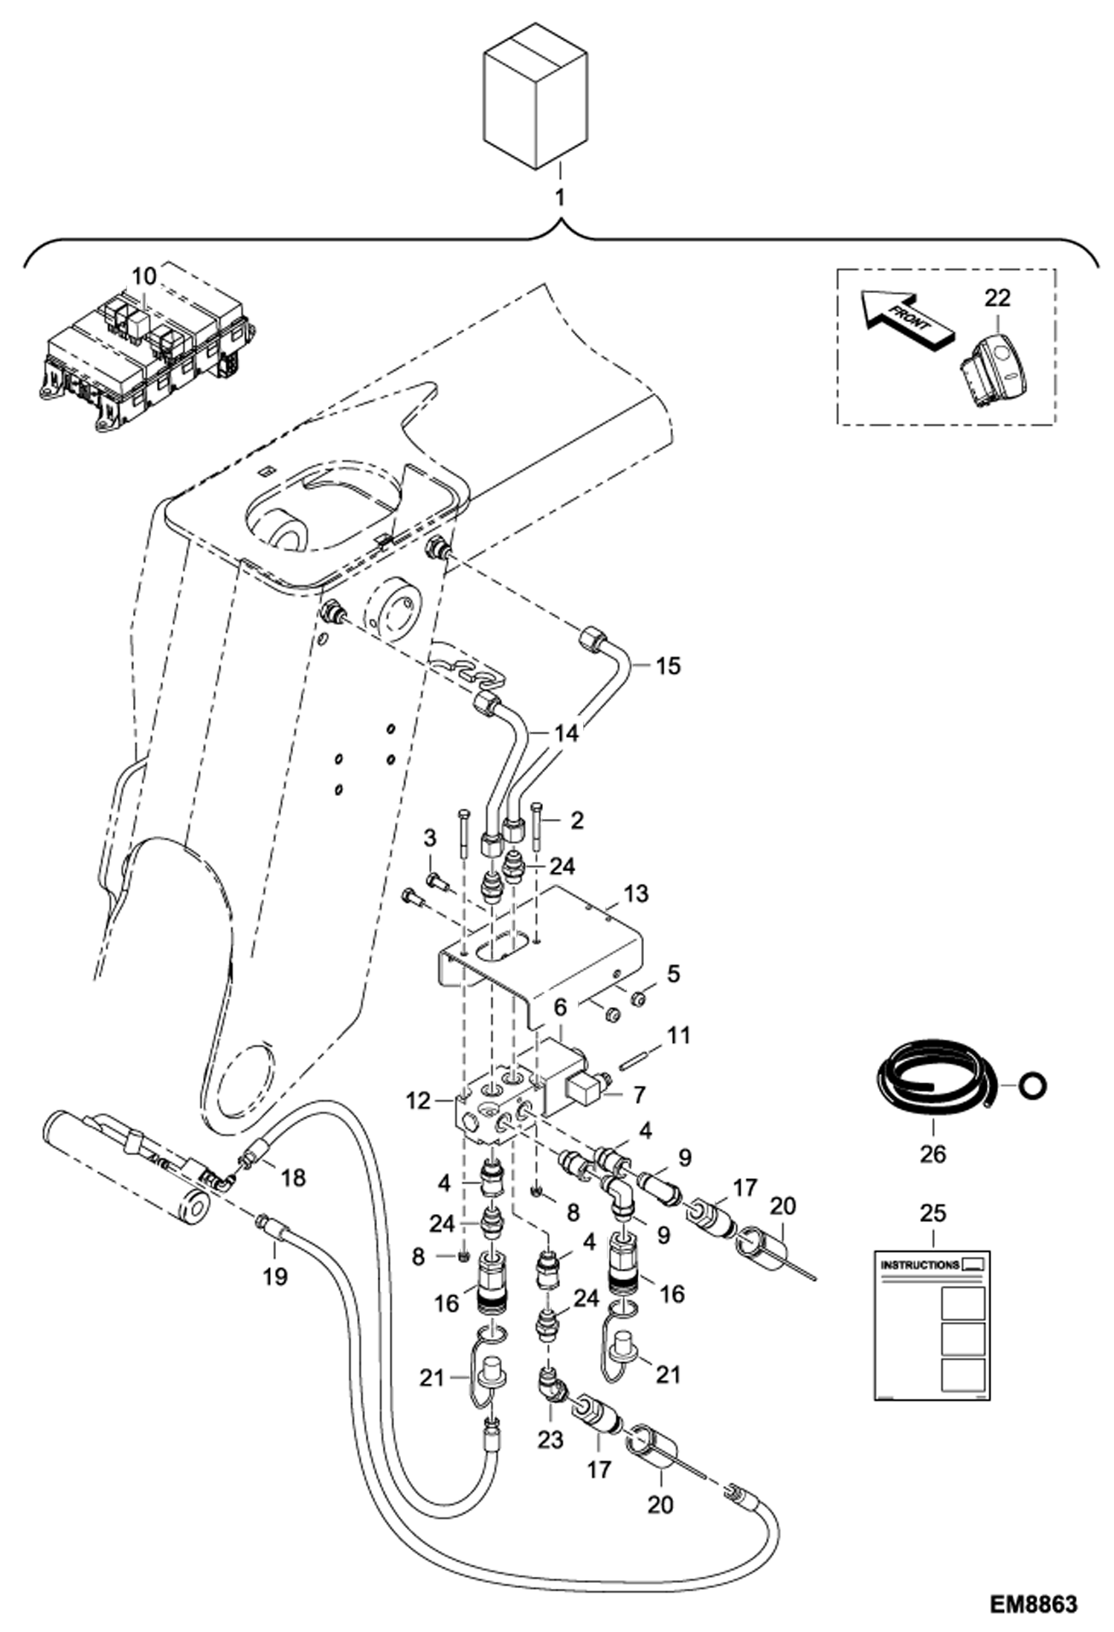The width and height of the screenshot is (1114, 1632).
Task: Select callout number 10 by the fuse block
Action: pos(144,277)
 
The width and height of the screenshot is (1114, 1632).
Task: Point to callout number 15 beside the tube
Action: pos(668,666)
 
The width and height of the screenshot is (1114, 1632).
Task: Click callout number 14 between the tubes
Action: pos(565,733)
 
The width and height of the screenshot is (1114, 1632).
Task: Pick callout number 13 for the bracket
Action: pos(636,893)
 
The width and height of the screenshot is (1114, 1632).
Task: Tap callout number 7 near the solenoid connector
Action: pos(639,1094)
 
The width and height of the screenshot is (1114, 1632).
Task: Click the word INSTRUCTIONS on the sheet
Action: pos(919,1265)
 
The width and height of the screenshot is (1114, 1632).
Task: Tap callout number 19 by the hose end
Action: pos(275,1276)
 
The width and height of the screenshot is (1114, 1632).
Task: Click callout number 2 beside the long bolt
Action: pos(576,820)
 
